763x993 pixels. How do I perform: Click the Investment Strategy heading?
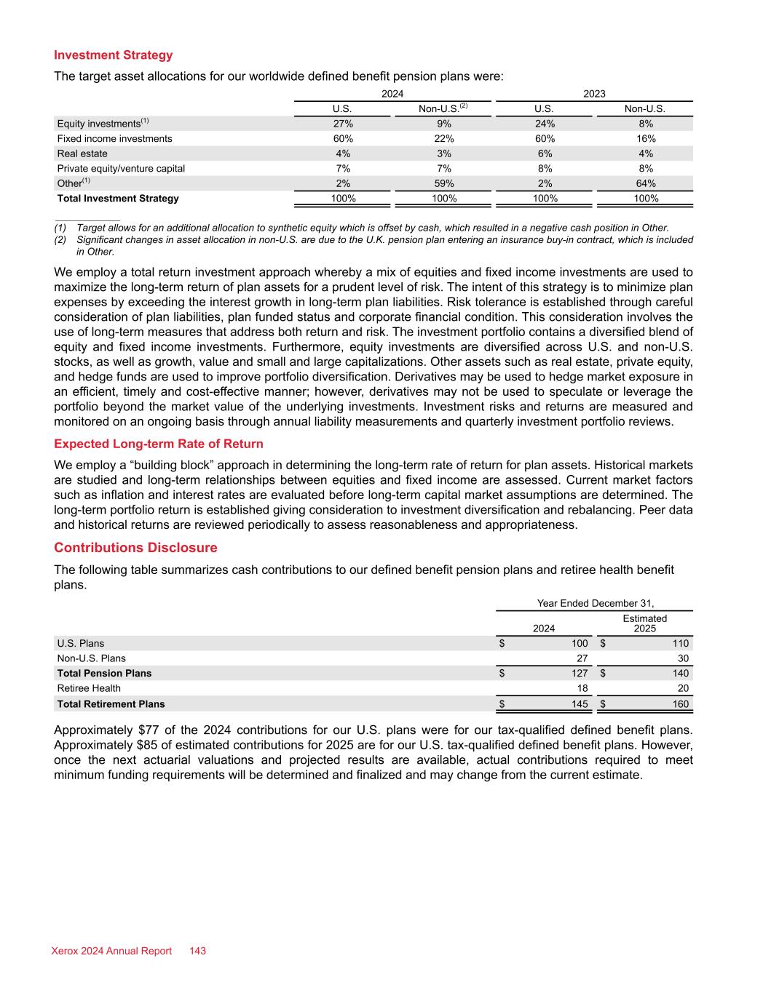[x=114, y=55]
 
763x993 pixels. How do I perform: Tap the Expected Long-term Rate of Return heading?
[x=159, y=444]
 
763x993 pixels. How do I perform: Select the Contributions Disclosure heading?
[x=135, y=548]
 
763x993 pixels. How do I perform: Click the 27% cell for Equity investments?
[x=343, y=124]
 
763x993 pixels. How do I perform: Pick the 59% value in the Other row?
[x=444, y=183]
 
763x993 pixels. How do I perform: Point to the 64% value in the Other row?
[x=645, y=183]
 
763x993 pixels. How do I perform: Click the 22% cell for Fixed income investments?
[x=444, y=138]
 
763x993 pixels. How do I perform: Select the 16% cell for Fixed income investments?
[x=645, y=138]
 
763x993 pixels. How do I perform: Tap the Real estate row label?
[x=82, y=153]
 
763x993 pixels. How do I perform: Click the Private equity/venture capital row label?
[x=121, y=168]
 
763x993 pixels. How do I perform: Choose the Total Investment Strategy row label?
[x=118, y=198]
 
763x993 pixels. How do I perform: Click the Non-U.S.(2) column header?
[x=443, y=109]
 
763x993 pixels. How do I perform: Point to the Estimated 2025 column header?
[x=644, y=623]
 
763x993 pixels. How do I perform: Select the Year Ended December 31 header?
[x=595, y=603]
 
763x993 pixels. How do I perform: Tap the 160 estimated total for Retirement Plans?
[x=679, y=703]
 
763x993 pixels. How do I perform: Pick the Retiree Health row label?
[x=89, y=688]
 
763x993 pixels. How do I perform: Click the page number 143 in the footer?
[x=197, y=951]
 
